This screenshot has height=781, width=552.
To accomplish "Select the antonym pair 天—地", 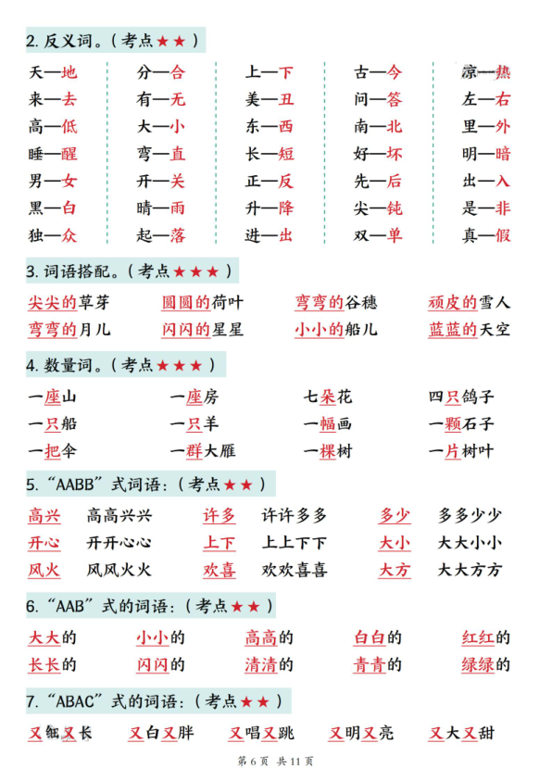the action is (x=53, y=72).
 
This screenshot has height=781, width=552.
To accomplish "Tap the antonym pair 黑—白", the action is (x=53, y=208).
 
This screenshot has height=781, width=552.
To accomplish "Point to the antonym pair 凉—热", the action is (x=486, y=72).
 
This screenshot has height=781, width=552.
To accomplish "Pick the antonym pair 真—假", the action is (x=486, y=235).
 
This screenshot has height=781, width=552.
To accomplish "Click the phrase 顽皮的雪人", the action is (x=469, y=302).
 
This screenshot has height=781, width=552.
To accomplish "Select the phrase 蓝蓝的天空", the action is (x=469, y=329).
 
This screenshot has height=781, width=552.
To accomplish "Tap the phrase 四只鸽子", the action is (x=461, y=397).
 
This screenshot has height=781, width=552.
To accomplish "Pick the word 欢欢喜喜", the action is (x=294, y=570).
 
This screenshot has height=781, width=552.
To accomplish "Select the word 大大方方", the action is (x=470, y=570).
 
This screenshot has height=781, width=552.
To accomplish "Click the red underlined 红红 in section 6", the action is (x=478, y=637).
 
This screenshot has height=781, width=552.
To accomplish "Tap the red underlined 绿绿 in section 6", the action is (x=478, y=664).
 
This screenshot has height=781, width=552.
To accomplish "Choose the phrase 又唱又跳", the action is (x=261, y=733).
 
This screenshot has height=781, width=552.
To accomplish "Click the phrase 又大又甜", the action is (x=461, y=733).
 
